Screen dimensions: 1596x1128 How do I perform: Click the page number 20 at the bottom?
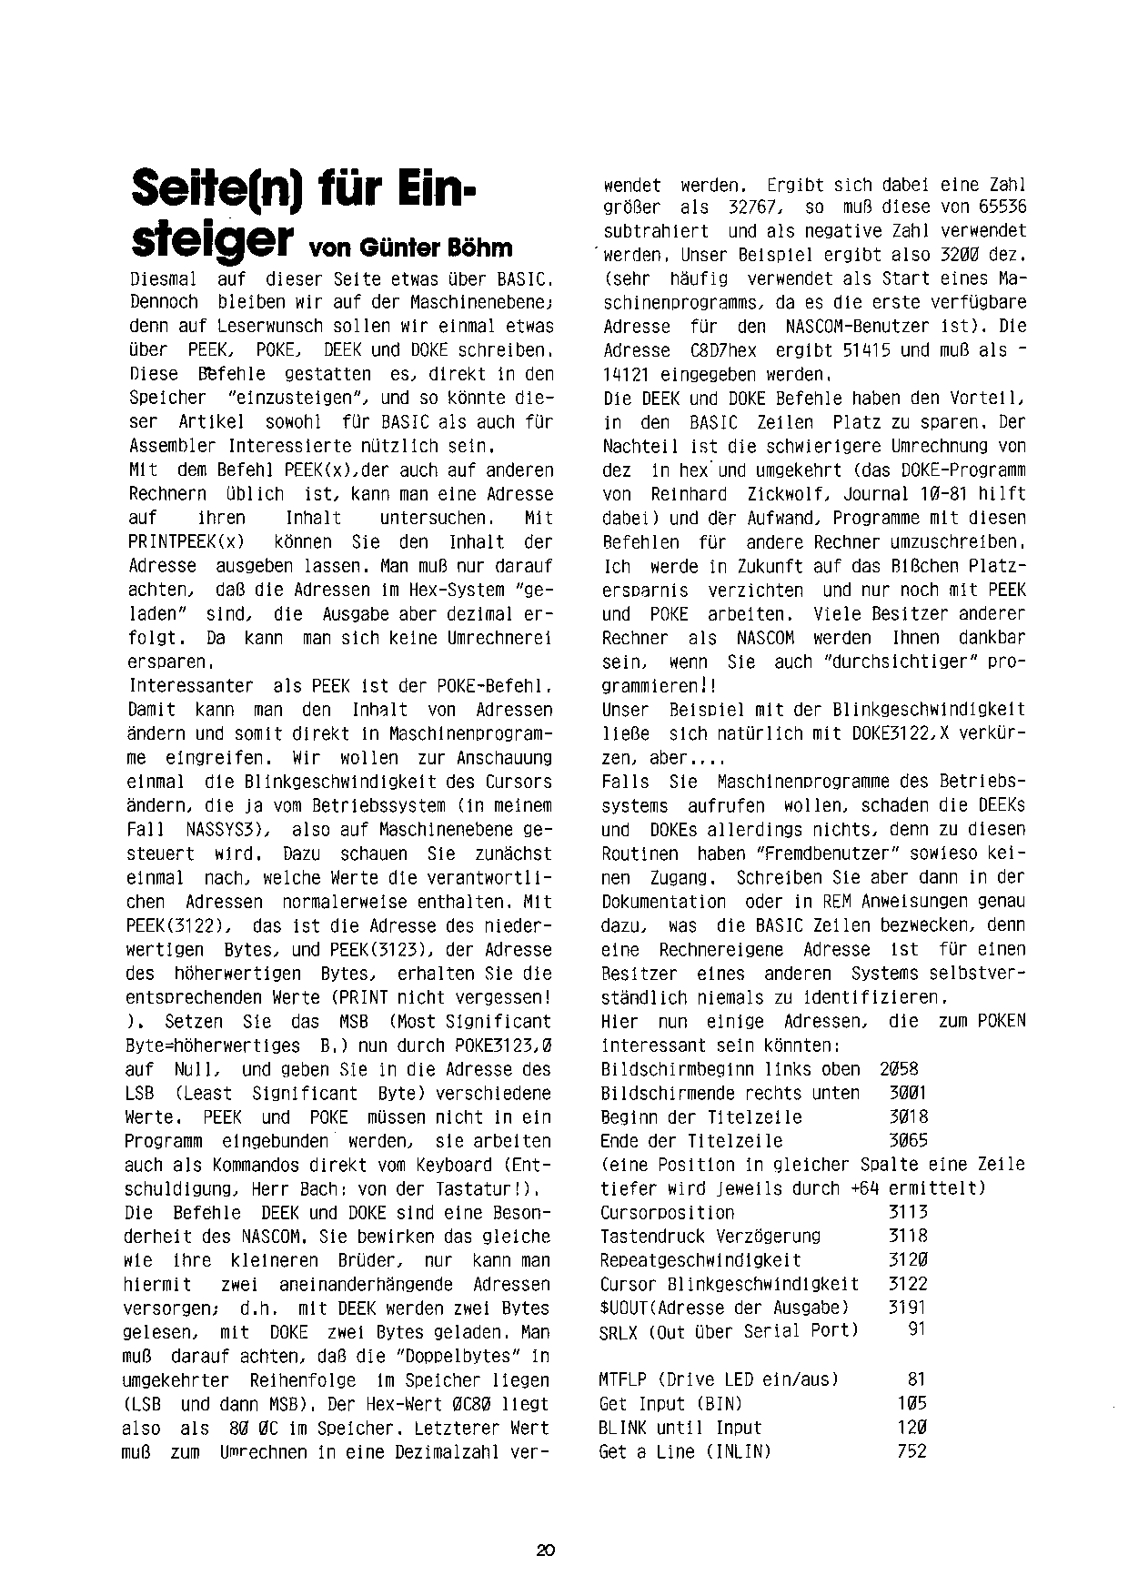tap(546, 1551)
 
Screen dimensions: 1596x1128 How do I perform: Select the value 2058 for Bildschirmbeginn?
tap(899, 1069)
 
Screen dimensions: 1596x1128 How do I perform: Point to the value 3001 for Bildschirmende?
tap(908, 1093)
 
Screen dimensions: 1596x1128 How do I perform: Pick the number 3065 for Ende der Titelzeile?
tap(908, 1141)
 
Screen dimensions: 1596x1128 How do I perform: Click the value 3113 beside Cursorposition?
tap(908, 1212)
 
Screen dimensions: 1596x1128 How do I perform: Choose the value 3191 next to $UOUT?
tap(908, 1308)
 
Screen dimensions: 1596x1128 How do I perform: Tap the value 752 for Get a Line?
tap(911, 1451)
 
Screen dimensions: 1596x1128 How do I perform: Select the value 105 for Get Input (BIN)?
tap(911, 1404)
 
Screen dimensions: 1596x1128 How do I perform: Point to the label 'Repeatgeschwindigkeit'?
tap(700, 1260)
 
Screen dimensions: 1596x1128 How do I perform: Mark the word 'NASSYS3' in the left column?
tap(222, 830)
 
